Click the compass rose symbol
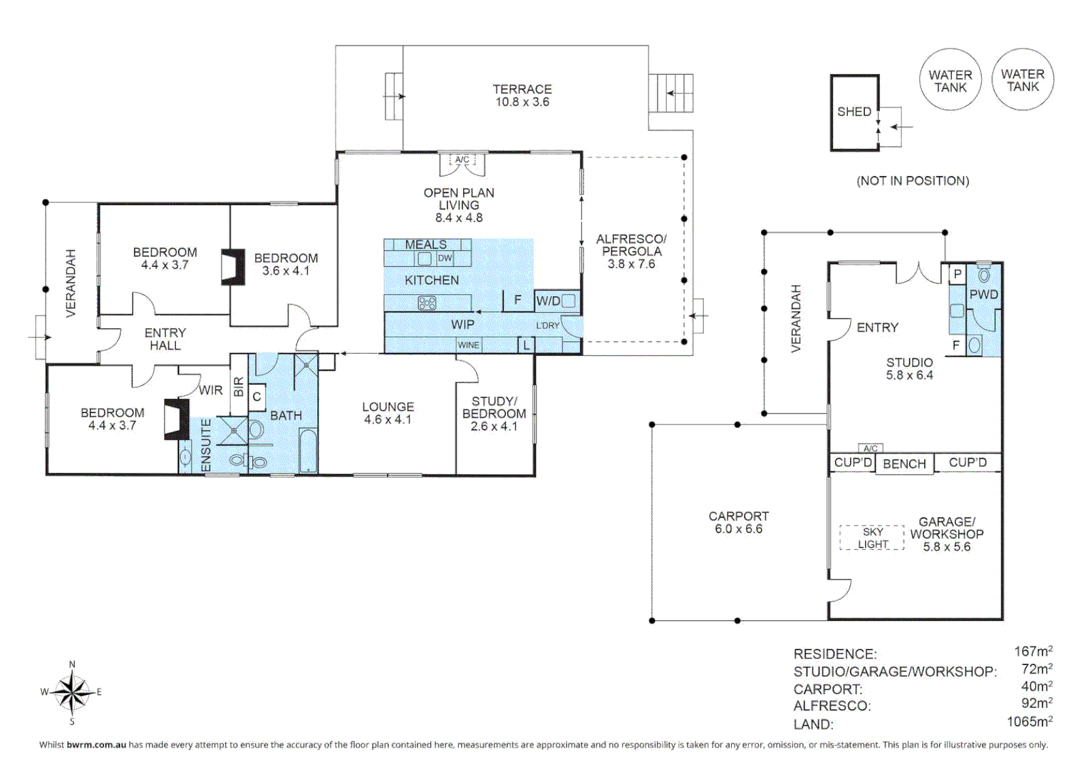tap(72, 692)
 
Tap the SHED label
tap(854, 112)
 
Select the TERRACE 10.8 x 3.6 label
tap(522, 95)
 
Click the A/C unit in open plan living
tap(462, 159)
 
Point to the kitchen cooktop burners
tap(427, 303)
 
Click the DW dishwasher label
tap(445, 258)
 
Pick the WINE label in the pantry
tap(469, 345)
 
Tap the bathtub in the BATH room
tap(308, 450)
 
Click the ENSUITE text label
tap(206, 445)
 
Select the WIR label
tap(211, 390)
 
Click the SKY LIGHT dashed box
tap(872, 538)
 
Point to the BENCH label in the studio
tap(904, 464)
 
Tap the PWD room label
tap(983, 294)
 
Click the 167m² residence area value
tap(1033, 651)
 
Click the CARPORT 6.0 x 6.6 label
tap(738, 523)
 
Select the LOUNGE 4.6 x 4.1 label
tap(388, 413)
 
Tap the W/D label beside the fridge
tap(548, 301)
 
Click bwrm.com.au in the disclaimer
tap(96, 745)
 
